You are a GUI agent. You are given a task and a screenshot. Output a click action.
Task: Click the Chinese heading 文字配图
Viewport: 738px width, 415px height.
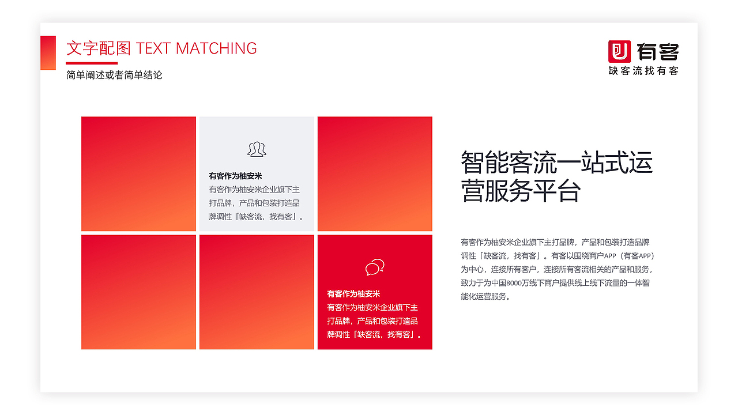coord(99,48)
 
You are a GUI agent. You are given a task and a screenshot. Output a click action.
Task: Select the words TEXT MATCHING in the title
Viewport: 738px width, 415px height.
coord(196,48)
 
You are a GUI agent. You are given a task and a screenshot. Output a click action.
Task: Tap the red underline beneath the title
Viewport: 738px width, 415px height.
coord(92,63)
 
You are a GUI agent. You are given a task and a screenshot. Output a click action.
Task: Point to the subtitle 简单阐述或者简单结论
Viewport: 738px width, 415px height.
coord(114,75)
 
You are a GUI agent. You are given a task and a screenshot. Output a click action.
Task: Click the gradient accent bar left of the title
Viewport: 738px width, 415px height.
coord(48,52)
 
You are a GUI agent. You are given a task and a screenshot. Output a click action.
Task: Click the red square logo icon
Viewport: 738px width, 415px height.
coord(620,51)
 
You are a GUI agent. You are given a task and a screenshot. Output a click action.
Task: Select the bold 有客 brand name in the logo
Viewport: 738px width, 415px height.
coord(658,52)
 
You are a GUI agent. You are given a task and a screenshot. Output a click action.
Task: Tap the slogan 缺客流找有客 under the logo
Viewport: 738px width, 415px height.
coord(643,70)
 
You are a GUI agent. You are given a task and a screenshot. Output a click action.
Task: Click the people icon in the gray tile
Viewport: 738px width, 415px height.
coord(257,149)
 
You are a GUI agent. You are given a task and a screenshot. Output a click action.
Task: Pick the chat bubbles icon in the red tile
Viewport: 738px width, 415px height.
coord(375,267)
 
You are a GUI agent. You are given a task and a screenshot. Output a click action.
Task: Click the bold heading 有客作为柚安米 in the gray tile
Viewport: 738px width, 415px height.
coord(235,176)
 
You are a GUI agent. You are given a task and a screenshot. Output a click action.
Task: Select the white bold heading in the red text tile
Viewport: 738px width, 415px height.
coord(353,294)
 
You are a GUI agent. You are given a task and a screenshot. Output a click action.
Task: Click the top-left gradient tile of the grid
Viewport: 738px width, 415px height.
coord(138,173)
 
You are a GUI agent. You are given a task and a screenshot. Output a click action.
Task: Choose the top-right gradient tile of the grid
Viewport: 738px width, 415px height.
coord(375,173)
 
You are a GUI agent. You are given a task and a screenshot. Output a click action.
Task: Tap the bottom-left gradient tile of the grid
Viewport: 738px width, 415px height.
coord(138,292)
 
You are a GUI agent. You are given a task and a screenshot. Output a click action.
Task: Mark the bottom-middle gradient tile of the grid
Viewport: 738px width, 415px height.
coord(257,292)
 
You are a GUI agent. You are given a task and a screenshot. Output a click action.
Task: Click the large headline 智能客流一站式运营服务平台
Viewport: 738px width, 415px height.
coord(556,176)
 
